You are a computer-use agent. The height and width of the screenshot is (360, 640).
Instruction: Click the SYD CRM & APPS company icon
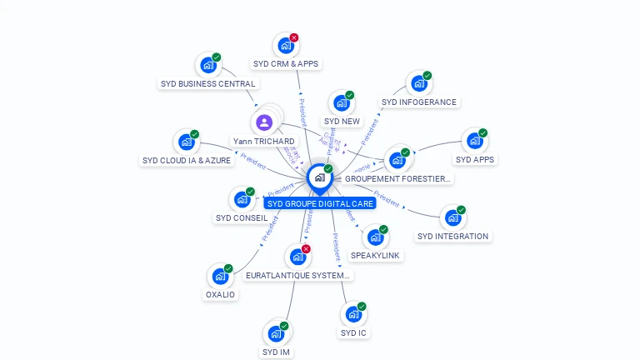tap(286, 45)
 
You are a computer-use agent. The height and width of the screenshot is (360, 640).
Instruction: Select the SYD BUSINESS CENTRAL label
tap(208, 83)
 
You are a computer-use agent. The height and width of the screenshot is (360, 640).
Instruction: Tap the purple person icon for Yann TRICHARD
tap(264, 122)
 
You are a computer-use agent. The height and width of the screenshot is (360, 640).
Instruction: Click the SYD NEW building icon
tap(341, 102)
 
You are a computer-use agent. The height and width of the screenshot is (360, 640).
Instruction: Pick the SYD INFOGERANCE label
tap(419, 102)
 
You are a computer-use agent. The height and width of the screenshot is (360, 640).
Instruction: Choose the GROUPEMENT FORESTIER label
tap(397, 178)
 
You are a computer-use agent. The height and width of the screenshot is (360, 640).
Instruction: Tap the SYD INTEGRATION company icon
tap(452, 217)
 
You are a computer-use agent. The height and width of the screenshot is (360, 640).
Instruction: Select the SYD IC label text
tap(353, 333)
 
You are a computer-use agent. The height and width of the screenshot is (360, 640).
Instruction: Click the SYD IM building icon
tap(276, 333)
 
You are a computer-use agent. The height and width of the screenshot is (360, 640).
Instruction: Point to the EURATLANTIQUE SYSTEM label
tap(298, 275)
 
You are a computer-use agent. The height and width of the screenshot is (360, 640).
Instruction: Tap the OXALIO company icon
tap(220, 275)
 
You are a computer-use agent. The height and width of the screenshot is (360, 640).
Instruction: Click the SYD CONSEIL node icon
tap(242, 199)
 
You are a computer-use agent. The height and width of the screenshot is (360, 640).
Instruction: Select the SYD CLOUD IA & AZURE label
tap(187, 160)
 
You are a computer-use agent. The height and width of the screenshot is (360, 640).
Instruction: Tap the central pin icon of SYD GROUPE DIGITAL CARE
tap(318, 177)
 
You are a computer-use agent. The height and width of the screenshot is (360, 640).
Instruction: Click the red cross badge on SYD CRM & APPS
tap(294, 37)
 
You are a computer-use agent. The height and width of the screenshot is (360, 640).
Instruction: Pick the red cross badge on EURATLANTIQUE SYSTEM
tap(306, 249)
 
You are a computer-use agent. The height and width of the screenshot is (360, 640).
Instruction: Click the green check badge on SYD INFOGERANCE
tap(427, 76)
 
